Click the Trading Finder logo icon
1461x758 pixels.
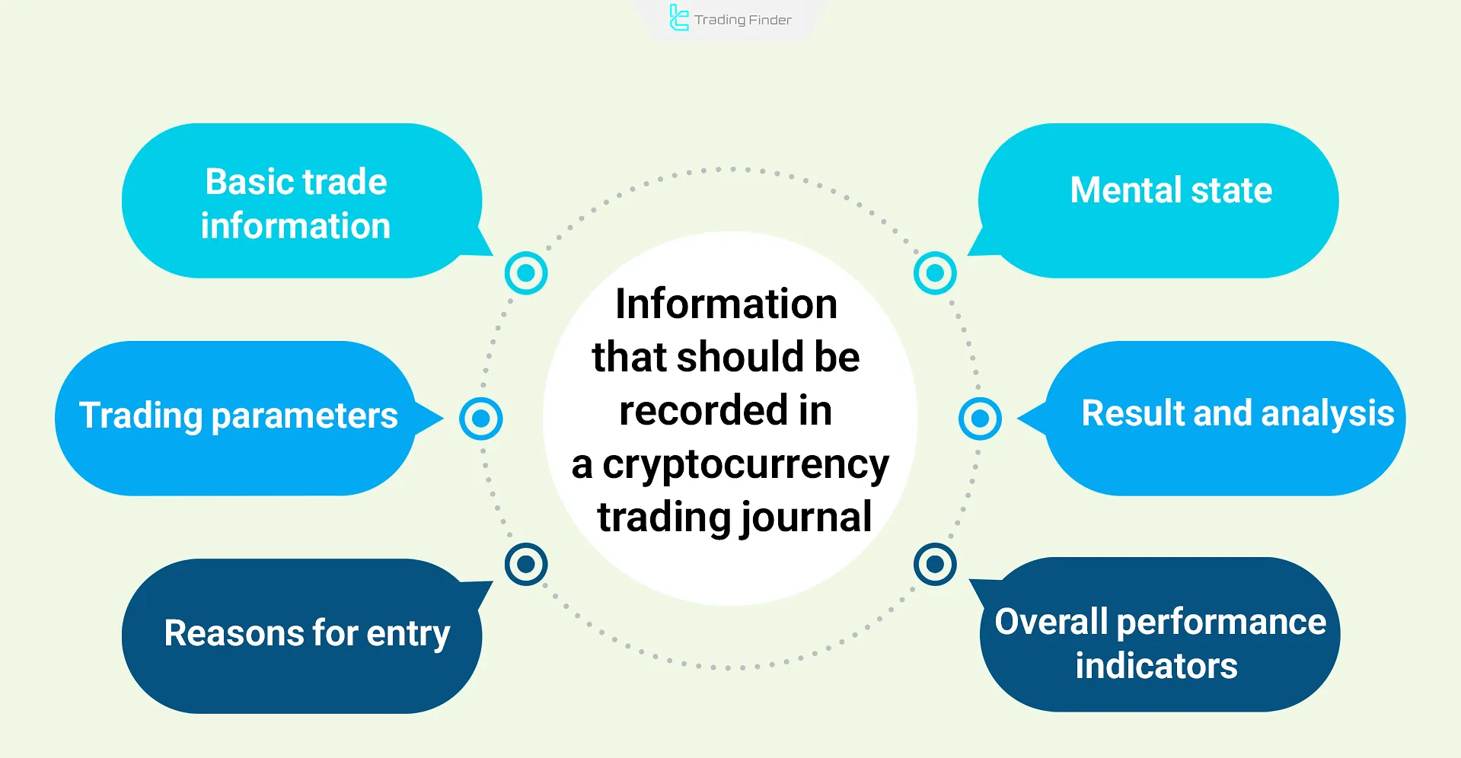point(678,18)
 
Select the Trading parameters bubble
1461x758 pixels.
point(236,417)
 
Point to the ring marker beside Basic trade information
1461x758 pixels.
point(526,272)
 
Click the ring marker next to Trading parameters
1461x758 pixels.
point(481,418)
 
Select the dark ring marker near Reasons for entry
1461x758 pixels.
point(526,564)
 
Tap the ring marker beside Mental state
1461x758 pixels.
point(935,272)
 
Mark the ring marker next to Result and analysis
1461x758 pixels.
point(980,418)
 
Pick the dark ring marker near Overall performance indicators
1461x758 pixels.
point(935,564)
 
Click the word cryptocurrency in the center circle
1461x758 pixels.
point(745,465)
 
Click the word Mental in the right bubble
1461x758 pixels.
point(1125,190)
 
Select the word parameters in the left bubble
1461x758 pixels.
point(304,416)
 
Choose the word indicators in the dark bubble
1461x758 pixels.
point(1156,666)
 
